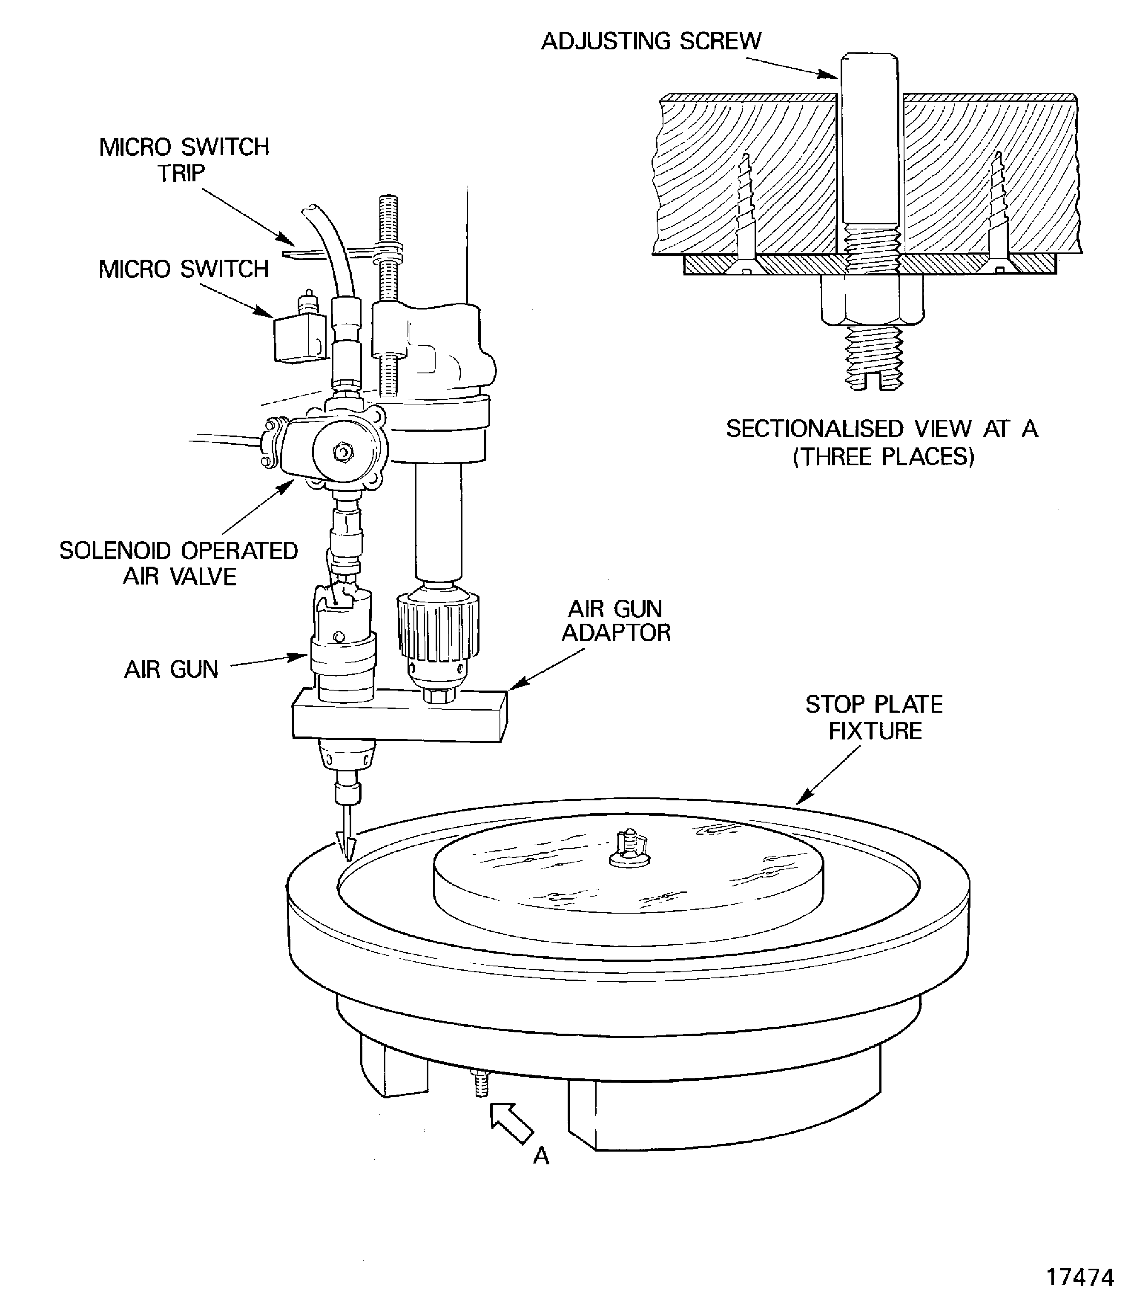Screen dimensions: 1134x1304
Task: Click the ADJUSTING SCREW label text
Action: (651, 41)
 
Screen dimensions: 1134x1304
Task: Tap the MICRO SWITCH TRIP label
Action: (184, 160)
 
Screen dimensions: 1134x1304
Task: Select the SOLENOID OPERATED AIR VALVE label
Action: (179, 563)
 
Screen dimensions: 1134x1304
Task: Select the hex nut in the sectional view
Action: (873, 298)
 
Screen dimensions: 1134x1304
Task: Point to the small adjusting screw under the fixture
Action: (481, 1083)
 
